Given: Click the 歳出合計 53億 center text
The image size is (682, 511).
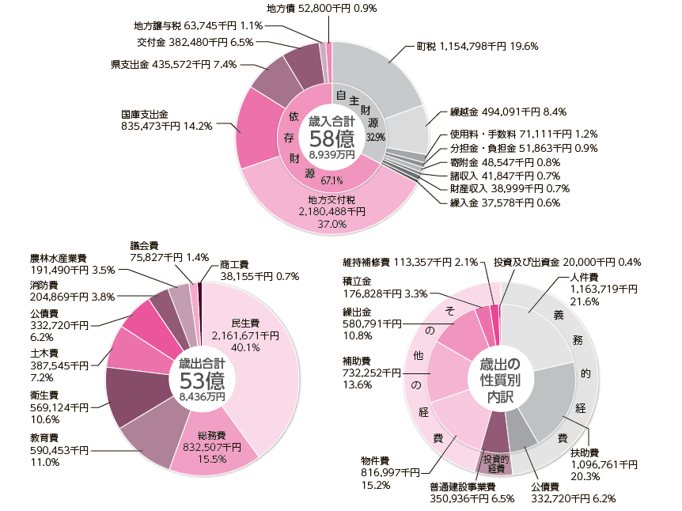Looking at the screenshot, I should [202, 379].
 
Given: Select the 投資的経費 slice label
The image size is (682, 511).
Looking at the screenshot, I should [495, 463].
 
